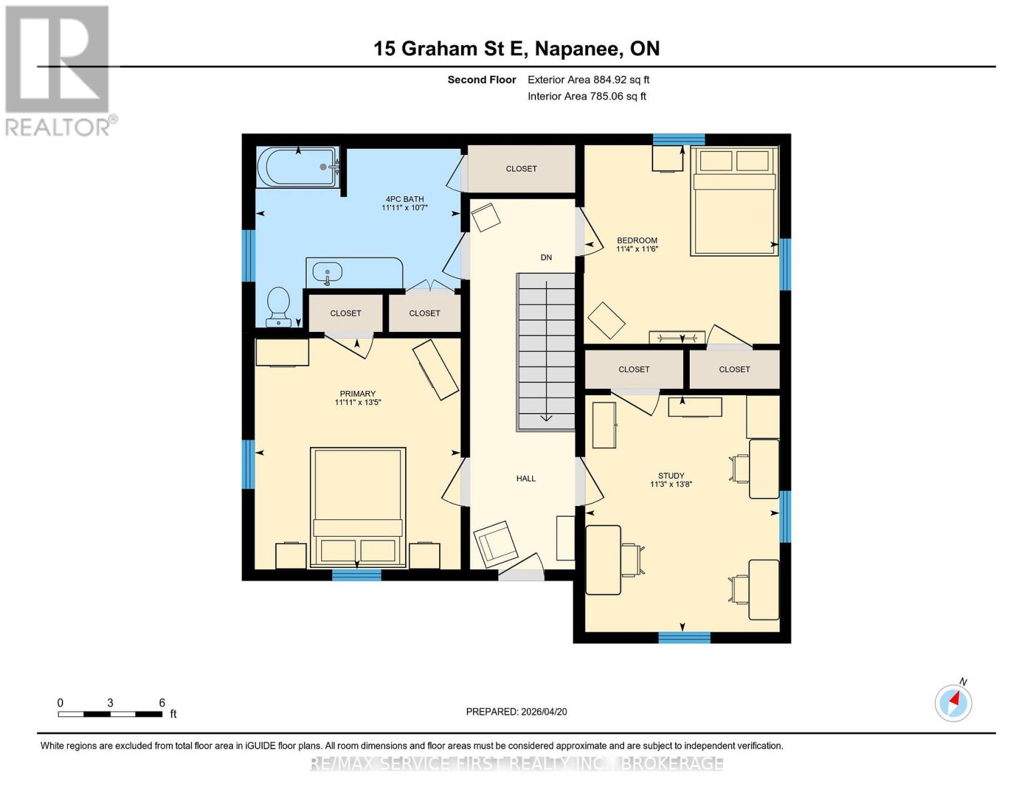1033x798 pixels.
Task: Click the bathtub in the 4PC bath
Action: [297, 168]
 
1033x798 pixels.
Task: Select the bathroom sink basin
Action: [327, 272]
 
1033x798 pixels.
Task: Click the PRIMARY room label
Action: [357, 394]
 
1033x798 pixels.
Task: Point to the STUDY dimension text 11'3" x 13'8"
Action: [671, 485]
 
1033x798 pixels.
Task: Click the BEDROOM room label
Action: [637, 240]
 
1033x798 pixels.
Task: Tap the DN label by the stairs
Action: [546, 257]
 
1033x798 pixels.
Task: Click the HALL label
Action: [525, 478]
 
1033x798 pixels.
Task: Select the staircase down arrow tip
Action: [546, 419]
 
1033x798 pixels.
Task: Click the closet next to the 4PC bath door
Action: [521, 169]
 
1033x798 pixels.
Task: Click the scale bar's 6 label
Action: [162, 703]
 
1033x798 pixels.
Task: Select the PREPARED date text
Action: [516, 712]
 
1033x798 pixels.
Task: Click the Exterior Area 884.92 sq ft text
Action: [588, 80]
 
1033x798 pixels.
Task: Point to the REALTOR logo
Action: [58, 70]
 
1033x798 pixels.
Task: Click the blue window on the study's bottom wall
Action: [684, 638]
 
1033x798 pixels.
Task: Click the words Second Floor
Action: [482, 80]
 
